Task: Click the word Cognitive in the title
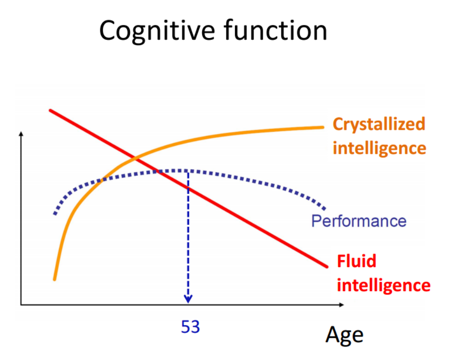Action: point(157,31)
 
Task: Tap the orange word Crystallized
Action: point(379,125)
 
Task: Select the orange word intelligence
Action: point(379,148)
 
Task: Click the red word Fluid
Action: point(356,261)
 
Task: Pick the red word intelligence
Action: point(384,285)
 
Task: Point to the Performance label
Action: point(359,221)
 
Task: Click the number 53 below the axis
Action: point(190,327)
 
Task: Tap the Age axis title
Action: point(344,335)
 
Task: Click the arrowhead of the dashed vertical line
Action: point(188,299)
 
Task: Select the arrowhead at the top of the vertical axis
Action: point(21,134)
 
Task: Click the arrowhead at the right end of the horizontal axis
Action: point(342,305)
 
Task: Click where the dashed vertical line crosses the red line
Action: point(188,188)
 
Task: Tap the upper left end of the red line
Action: point(50,111)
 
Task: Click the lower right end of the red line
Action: point(327,267)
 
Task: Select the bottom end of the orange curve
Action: point(54,279)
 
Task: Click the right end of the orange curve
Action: point(323,127)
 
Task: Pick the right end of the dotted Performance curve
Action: point(324,209)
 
